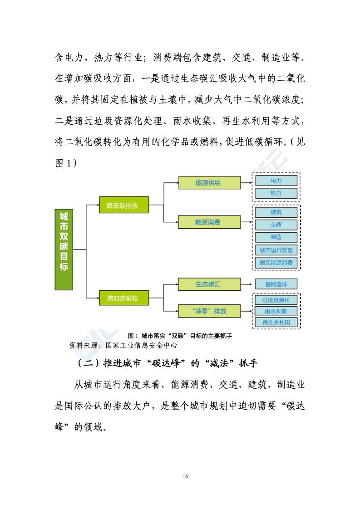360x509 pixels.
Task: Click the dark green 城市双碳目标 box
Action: click(x=64, y=249)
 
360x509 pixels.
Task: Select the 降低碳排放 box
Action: click(x=124, y=205)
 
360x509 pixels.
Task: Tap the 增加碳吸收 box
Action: click(x=124, y=298)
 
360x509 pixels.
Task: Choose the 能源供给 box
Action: click(x=209, y=182)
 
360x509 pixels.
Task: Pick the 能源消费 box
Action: click(x=209, y=222)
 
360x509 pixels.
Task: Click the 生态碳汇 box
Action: click(x=209, y=284)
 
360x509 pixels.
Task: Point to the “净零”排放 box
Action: click(x=209, y=311)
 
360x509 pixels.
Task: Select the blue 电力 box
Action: click(x=276, y=181)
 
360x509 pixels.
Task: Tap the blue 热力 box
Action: click(x=276, y=193)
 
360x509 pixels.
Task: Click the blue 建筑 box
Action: click(x=276, y=212)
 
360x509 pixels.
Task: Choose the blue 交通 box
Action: click(x=276, y=225)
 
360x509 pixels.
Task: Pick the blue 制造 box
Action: click(x=276, y=237)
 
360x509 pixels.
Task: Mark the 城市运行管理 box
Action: click(x=276, y=250)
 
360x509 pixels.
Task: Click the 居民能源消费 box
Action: click(x=276, y=262)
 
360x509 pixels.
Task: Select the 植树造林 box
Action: click(x=276, y=284)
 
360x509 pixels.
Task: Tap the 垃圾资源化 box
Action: click(x=276, y=300)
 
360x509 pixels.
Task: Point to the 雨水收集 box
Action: click(x=276, y=311)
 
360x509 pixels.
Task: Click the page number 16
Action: click(x=185, y=476)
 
